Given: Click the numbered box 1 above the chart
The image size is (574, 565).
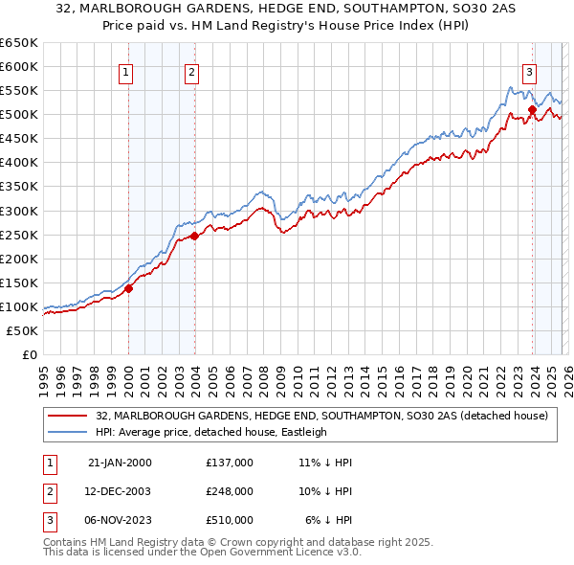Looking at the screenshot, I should click(x=126, y=70).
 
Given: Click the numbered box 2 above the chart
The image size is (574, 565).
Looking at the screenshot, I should click(x=191, y=70).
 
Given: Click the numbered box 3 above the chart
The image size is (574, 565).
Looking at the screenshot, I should click(x=529, y=70).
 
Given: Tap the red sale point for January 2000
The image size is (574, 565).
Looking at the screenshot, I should click(x=128, y=288).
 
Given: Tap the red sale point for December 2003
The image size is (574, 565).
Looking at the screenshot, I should click(x=194, y=236).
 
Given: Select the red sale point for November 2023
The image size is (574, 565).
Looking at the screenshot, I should click(x=532, y=109).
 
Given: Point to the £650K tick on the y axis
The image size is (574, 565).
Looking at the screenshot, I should click(x=18, y=43).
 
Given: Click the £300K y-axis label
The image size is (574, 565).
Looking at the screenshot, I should click(x=18, y=211).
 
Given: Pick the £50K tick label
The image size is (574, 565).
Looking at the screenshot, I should click(x=22, y=330).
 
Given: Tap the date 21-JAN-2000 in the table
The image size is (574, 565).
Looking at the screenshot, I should click(x=120, y=463).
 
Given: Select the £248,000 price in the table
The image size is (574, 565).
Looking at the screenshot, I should click(x=229, y=491).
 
